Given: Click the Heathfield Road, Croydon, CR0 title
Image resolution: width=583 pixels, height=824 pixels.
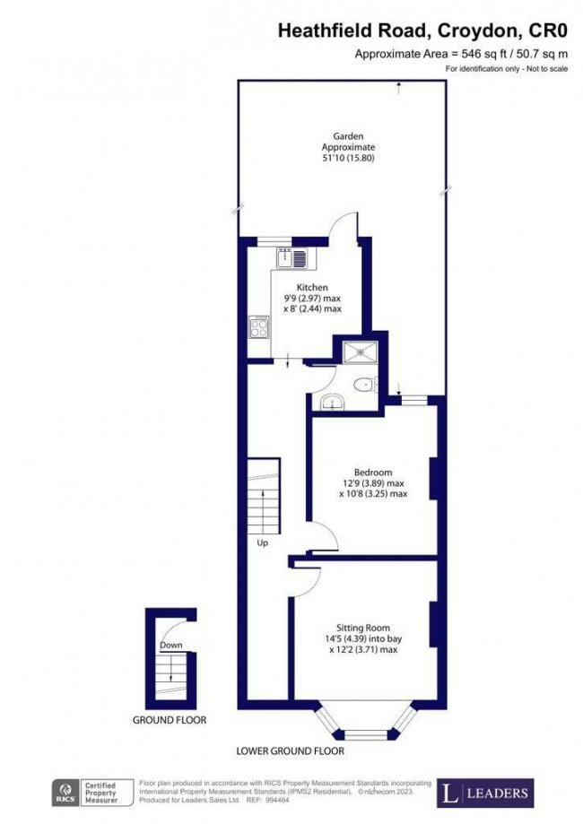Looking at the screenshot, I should coord(422,31).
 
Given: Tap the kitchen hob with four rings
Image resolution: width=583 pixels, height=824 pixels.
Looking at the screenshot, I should coord(257,327).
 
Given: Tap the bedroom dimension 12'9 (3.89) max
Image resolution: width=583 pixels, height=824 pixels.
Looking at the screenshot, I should coord(373,482).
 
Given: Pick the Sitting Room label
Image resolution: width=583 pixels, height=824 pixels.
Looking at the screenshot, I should coord(362,627).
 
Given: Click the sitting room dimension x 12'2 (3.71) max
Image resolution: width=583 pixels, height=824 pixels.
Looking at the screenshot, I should coord(362,648).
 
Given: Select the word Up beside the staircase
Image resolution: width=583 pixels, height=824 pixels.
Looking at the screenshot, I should coord(263,542).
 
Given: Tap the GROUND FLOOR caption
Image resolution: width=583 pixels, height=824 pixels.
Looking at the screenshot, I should coord(170,719).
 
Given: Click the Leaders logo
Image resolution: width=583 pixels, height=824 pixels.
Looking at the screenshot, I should coord(484,792).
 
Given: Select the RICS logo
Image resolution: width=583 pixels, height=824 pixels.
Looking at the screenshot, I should coord(64,793).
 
